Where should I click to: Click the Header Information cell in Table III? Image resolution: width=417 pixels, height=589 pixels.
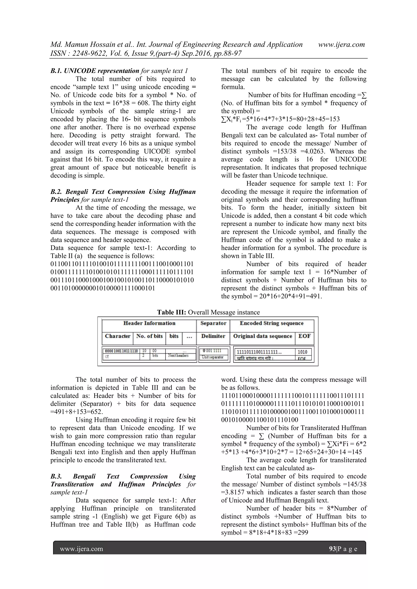(149, 323)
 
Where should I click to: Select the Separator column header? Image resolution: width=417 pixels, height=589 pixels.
(213, 323)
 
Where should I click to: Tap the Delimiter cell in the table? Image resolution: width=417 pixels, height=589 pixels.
(213, 336)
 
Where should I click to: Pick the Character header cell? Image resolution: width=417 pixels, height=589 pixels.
(118, 336)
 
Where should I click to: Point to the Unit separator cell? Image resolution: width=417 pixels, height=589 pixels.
(213, 357)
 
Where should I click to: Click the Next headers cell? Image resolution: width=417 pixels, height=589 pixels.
(178, 356)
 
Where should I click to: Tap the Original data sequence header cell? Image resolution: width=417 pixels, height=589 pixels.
(262, 336)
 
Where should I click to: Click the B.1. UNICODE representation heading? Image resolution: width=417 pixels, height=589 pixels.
(95, 71)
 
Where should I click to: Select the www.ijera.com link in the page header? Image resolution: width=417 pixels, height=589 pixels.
(341, 45)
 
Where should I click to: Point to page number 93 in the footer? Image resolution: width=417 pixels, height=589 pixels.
(332, 549)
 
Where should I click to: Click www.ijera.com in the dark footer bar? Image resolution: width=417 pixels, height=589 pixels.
(81, 549)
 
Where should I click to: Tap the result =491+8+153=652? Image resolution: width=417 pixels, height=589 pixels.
(77, 412)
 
